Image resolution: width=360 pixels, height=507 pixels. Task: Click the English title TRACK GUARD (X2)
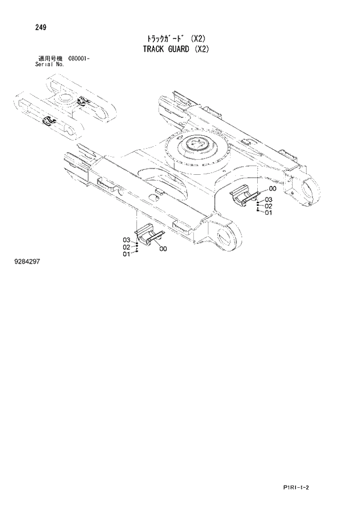click(x=175, y=49)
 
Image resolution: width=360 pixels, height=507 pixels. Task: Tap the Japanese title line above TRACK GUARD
click(x=175, y=39)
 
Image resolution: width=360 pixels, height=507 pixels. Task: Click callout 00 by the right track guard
click(x=273, y=189)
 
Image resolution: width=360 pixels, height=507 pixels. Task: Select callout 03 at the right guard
click(x=268, y=199)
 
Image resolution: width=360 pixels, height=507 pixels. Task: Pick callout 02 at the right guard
click(x=268, y=206)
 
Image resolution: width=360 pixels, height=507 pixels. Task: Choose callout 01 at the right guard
click(x=268, y=213)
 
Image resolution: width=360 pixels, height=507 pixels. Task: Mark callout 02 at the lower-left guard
click(x=127, y=247)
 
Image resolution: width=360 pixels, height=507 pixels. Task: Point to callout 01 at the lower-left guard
click(x=127, y=254)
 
